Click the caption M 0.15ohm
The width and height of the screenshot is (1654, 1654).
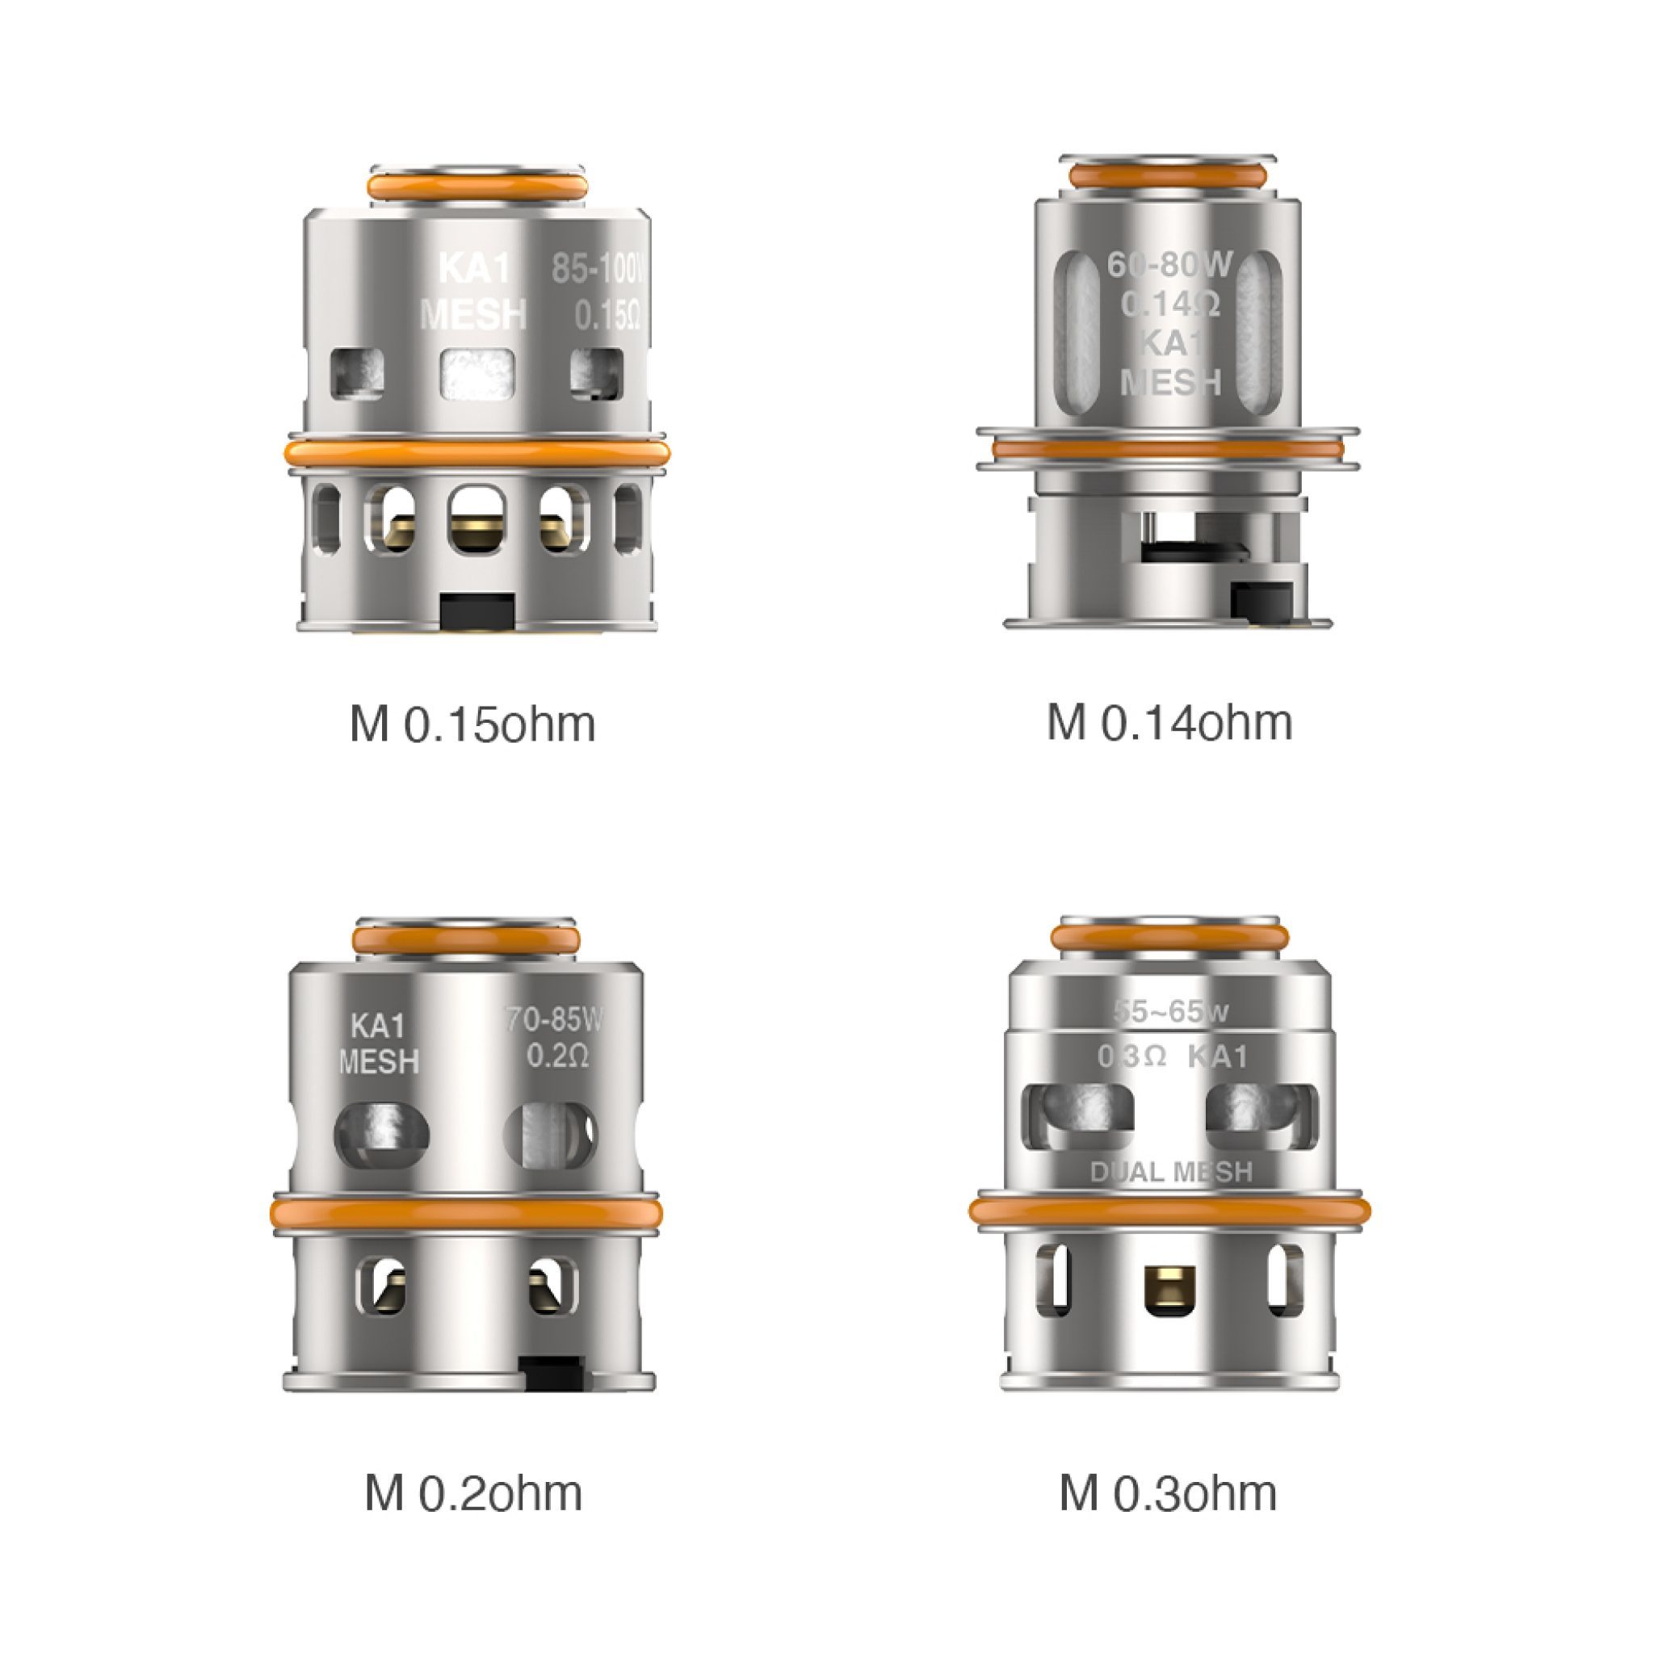tap(472, 724)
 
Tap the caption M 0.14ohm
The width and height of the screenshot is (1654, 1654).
tap(1169, 723)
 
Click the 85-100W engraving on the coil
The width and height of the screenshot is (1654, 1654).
tap(597, 270)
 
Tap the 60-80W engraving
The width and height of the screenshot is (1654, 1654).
tap(1169, 266)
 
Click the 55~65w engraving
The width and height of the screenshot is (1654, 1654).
tap(1171, 1012)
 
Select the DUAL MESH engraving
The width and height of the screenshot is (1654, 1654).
tap(1171, 1172)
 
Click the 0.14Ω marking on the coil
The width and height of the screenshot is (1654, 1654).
tap(1169, 304)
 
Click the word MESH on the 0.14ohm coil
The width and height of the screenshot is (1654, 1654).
tap(1169, 382)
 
